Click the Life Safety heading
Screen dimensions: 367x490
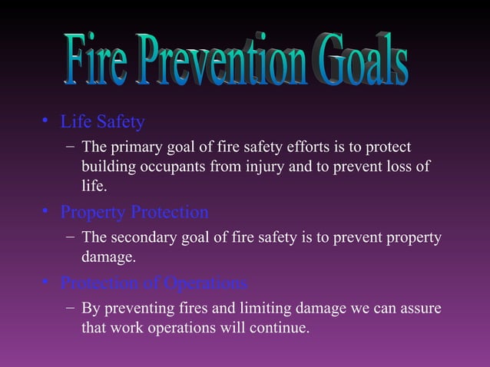102,122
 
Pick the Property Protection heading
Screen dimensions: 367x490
134,212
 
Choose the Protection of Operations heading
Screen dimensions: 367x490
154,283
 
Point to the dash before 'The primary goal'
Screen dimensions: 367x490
70,147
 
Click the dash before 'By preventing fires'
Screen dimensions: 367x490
70,309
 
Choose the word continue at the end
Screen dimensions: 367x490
282,329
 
